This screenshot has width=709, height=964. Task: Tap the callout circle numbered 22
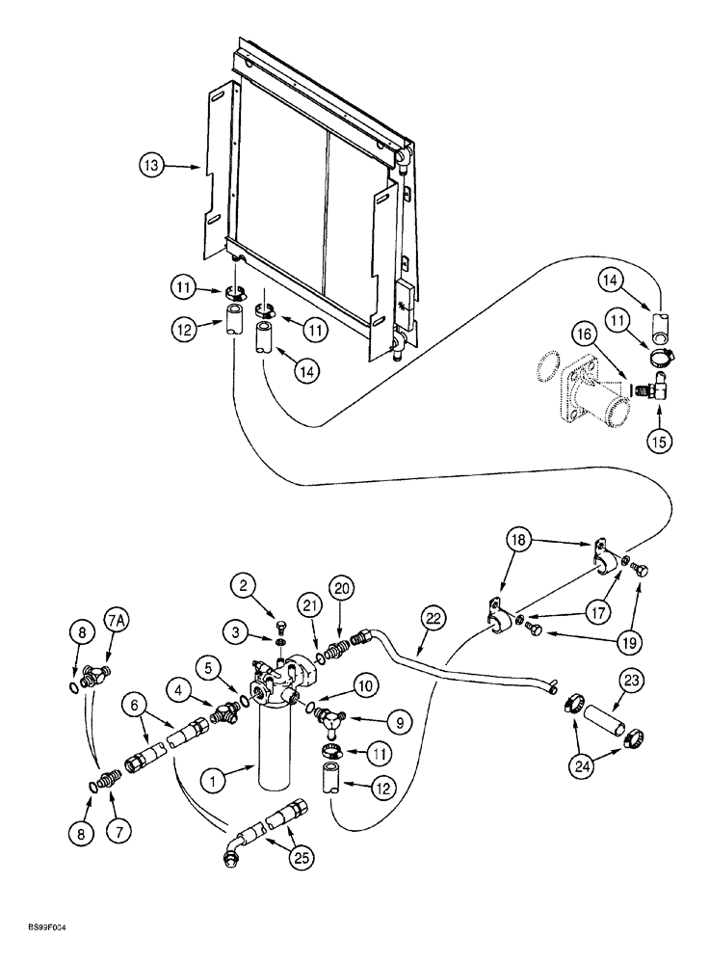[433, 617]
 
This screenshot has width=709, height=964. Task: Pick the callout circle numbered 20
[339, 587]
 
